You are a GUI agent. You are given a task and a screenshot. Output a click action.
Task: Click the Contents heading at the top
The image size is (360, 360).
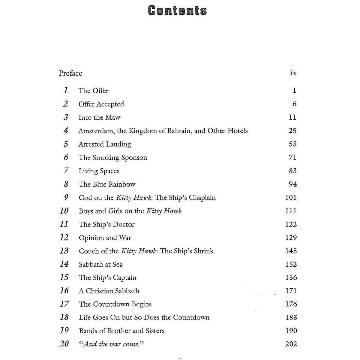tap(177, 11)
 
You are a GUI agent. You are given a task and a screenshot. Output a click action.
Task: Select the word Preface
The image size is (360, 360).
tap(70, 73)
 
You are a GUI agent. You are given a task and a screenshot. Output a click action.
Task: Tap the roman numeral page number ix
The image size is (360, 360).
tap(293, 73)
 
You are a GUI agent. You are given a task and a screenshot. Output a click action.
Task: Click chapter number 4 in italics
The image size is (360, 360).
tap(66, 130)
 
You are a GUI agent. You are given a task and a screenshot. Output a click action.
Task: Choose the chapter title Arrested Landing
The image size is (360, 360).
tap(105, 144)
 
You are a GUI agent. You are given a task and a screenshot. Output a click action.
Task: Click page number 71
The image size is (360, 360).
tap(292, 157)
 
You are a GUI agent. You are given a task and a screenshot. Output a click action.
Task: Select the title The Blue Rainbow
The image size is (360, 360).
tap(107, 184)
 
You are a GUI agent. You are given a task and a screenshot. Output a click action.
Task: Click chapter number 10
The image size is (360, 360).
tap(64, 211)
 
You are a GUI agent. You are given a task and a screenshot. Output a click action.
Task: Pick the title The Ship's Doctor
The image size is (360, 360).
tap(106, 224)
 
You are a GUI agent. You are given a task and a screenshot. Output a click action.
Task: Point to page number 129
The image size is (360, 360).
tap(291, 238)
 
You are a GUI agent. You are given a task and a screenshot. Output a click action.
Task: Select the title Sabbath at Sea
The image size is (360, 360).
tap(100, 264)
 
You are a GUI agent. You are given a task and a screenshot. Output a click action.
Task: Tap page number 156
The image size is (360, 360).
tap(291, 277)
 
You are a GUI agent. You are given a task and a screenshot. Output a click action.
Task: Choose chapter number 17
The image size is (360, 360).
tap(64, 304)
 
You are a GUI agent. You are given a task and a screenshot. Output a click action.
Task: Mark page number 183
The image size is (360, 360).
tap(291, 317)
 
